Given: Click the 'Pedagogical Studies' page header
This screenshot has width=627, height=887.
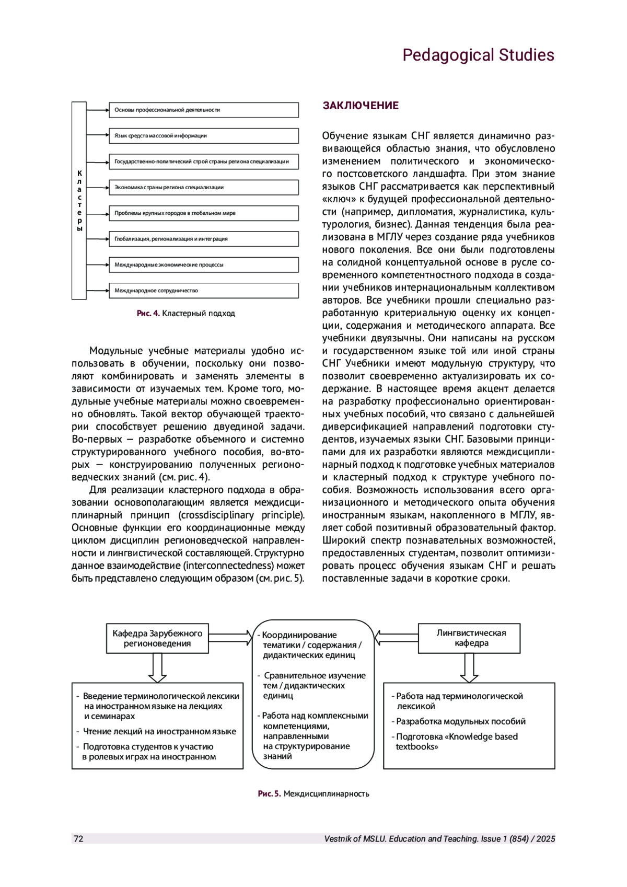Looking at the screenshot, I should pos(478,55).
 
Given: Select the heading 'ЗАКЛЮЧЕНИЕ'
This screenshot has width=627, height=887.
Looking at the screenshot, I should pos(361,106).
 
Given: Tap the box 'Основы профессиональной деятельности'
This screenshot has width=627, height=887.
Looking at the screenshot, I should pos(203,110).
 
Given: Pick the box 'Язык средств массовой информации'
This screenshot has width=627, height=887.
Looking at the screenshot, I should pos(203,135).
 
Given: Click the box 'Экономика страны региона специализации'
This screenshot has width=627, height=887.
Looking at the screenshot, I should pos(203,187).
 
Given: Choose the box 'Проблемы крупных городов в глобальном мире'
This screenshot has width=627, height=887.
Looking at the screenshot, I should pos(203,213).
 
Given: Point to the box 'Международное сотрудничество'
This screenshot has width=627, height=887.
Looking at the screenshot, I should pos(203,290).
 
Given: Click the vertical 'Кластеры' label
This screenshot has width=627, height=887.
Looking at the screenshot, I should pos(79,201).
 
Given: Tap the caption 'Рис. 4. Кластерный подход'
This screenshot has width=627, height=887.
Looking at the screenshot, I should pos(186,314).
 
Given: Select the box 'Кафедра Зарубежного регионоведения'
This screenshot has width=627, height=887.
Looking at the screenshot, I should pos(157,638).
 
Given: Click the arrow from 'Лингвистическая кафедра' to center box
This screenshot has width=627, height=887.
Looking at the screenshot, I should pos(397,638).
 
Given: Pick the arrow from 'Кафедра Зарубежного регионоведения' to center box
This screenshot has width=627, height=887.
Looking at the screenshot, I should pos(230,638).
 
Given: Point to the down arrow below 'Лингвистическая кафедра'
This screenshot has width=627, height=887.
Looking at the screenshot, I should pos(469,668).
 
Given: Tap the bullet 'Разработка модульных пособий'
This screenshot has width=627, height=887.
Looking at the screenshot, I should pos(460,721).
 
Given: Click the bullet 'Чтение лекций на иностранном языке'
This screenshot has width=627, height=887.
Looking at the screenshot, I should pos(159,731).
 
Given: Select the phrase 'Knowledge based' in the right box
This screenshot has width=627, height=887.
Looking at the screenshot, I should pos(485,736).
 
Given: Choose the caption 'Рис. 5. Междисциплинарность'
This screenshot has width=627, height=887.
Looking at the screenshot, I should pos(313,793).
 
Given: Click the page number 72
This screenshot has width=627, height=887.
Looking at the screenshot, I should pos(78,838).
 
